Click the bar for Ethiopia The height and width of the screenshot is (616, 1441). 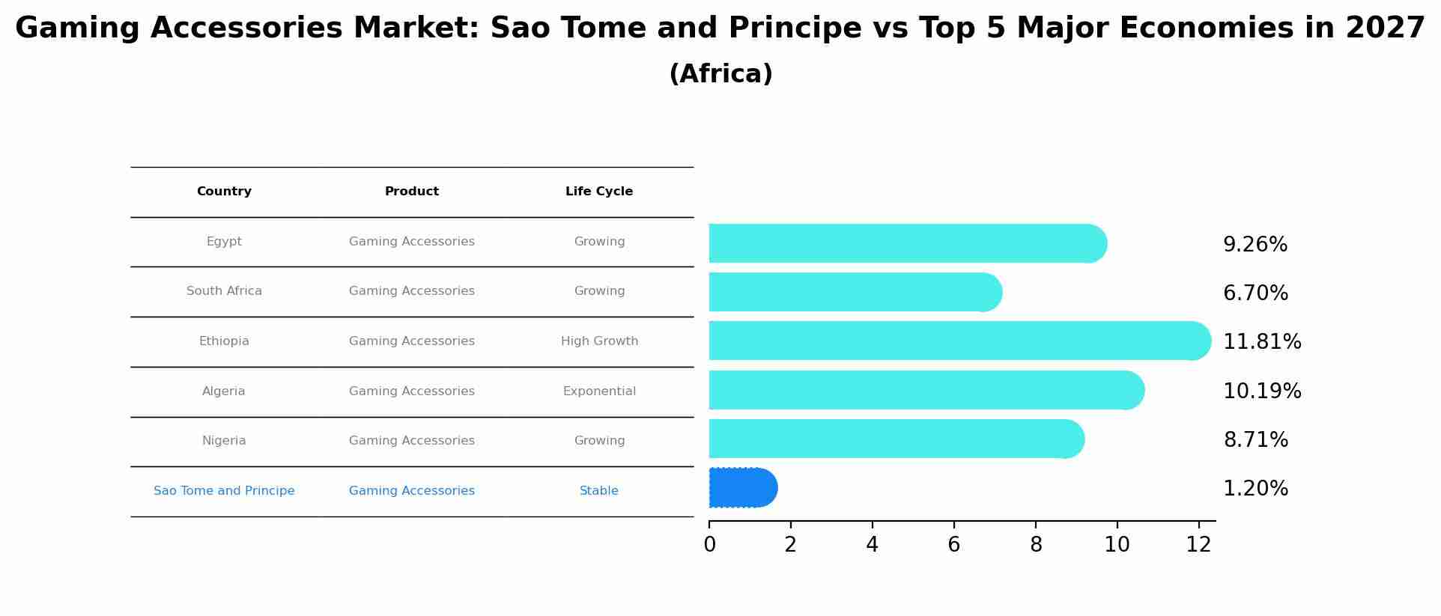click(x=959, y=341)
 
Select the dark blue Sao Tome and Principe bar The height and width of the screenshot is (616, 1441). click(x=742, y=488)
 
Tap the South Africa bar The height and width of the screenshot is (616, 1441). click(x=855, y=292)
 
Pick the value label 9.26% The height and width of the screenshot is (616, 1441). click(x=1255, y=245)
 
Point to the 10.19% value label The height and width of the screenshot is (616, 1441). click(x=1262, y=391)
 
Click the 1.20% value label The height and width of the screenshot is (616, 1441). click(x=1255, y=489)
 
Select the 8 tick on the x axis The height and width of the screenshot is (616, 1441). click(x=1036, y=545)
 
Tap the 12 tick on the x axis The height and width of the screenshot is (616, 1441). click(x=1198, y=545)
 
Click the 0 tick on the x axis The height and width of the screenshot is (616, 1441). click(x=709, y=545)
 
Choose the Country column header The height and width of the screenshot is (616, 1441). click(x=224, y=192)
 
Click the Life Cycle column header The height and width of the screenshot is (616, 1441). click(x=599, y=192)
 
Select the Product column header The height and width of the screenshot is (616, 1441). click(x=412, y=192)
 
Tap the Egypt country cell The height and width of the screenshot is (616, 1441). click(x=224, y=242)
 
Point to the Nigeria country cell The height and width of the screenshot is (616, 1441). click(x=224, y=441)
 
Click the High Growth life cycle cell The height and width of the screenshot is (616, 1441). click(x=599, y=341)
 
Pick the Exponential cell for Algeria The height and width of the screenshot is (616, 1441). click(x=599, y=391)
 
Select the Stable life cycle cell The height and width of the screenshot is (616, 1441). click(x=599, y=491)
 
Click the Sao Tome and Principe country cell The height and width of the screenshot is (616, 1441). click(x=224, y=491)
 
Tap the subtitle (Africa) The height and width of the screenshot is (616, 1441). click(x=720, y=74)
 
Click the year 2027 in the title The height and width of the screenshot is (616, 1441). click(x=1385, y=28)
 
